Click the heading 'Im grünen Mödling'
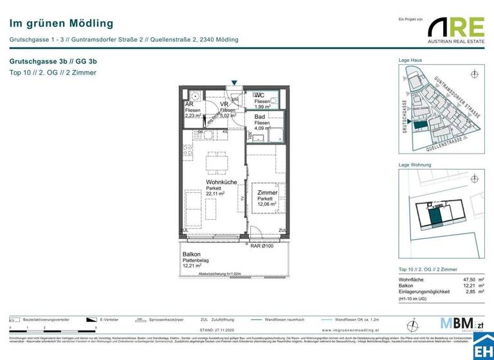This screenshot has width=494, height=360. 61,24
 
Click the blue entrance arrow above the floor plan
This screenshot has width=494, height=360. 235,83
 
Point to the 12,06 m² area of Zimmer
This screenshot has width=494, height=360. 266,204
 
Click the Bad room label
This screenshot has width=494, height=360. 259,117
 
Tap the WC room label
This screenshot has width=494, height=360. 259,95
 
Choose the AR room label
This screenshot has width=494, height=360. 189,104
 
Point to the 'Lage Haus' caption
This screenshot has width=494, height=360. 410,60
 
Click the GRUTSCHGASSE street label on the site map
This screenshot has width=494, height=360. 405,116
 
